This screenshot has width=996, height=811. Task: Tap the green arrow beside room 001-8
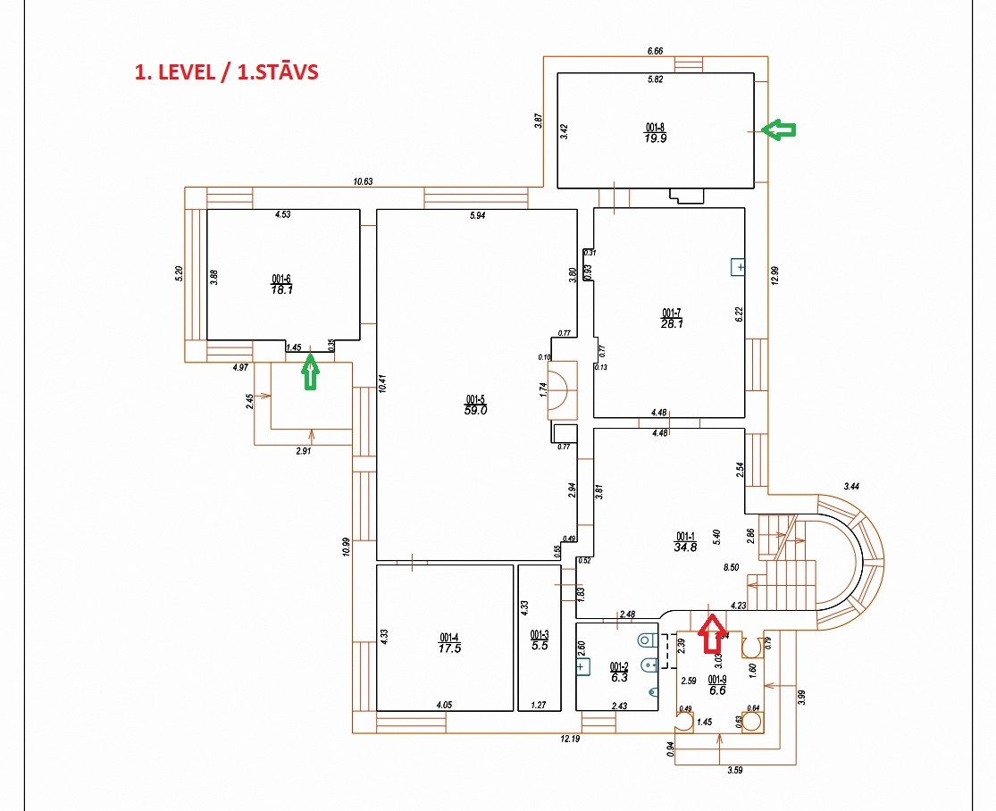pyautogui.click(x=779, y=130)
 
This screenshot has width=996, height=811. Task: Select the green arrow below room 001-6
pyautogui.click(x=310, y=371)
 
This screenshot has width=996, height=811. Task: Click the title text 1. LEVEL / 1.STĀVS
pyautogui.click(x=226, y=72)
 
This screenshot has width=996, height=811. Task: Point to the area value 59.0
pyautogui.click(x=475, y=411)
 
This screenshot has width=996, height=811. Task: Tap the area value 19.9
pyautogui.click(x=656, y=138)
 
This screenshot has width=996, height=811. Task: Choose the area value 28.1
pyautogui.click(x=672, y=323)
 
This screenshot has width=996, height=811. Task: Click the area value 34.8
pyautogui.click(x=685, y=548)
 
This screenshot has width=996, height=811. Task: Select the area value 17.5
pyautogui.click(x=450, y=648)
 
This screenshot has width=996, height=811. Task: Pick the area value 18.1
pyautogui.click(x=283, y=289)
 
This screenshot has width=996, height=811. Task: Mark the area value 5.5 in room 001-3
pyautogui.click(x=540, y=646)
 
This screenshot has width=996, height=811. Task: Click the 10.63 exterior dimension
pyautogui.click(x=363, y=181)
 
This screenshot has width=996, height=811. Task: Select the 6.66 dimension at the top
pyautogui.click(x=655, y=52)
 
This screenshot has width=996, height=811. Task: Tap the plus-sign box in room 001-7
pyautogui.click(x=739, y=267)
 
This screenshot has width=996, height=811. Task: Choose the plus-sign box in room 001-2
pyautogui.click(x=582, y=665)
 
